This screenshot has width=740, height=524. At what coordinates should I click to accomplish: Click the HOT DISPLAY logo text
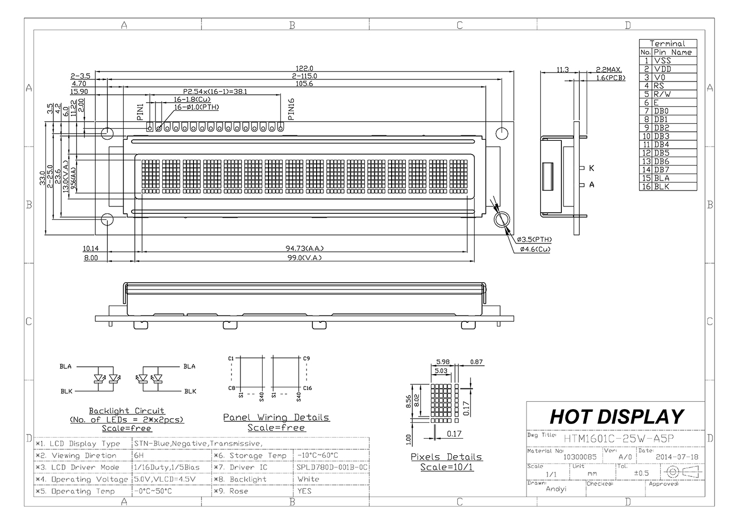pos(616,417)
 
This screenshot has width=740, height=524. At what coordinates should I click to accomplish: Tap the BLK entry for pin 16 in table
pos(661,186)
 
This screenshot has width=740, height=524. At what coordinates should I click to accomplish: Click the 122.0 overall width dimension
pos(305,68)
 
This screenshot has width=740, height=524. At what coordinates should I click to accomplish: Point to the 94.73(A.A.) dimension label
pos(305,248)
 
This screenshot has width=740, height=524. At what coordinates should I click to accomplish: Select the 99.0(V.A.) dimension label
pos(305,258)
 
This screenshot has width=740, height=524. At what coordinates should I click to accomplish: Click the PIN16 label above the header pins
pos(291,109)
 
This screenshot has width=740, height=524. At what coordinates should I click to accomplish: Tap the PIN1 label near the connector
pos(140,112)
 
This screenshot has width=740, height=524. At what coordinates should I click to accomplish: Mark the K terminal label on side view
pos(591,168)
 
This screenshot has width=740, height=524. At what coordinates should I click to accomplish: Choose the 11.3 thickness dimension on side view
pos(562,69)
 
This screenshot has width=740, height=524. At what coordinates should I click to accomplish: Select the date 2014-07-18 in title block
pos(677,457)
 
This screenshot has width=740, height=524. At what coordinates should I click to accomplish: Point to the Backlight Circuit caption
pos(126,411)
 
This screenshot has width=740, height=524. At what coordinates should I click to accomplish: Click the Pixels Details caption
pos(446,457)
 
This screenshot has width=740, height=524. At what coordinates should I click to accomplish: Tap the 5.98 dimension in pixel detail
pos(443,362)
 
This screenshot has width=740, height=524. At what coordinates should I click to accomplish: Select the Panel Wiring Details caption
pos(276,418)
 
